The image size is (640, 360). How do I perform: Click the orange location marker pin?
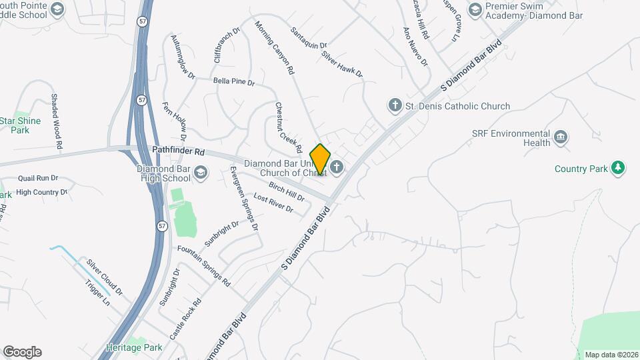(x=320, y=159)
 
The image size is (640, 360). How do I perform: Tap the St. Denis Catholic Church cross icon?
(x=395, y=105)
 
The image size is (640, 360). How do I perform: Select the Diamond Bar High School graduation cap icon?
(x=201, y=174)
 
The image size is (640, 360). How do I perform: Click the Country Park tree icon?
(x=619, y=168)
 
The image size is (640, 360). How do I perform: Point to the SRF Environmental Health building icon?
(x=561, y=138)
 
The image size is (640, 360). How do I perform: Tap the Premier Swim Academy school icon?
(x=475, y=9)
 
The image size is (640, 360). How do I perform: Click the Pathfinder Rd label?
(x=178, y=152)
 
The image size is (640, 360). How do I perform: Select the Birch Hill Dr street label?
(x=287, y=192)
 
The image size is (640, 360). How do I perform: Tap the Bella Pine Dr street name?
(x=234, y=82)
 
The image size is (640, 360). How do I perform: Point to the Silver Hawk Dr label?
(x=341, y=64)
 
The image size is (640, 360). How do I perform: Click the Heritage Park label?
(x=134, y=347)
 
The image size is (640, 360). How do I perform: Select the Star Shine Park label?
(x=20, y=125)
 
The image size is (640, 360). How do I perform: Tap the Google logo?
(x=22, y=352)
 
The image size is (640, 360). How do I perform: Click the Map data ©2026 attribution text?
(x=611, y=355)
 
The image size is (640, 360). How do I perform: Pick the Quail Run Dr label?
(x=38, y=179)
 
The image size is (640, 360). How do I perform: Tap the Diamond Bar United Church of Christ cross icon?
(x=337, y=167)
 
